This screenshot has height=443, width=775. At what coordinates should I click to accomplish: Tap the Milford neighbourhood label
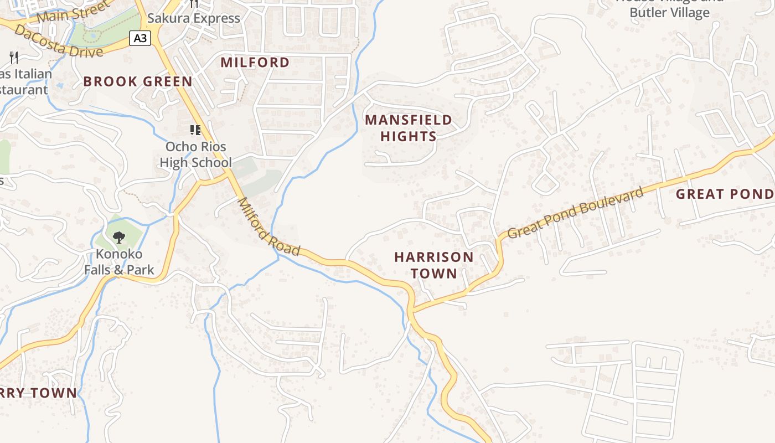click(x=255, y=62)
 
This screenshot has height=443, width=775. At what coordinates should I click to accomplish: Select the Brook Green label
click(x=138, y=81)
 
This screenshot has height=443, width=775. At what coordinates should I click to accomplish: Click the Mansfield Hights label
click(x=409, y=128)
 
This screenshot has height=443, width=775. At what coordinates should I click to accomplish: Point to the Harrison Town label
click(x=433, y=265)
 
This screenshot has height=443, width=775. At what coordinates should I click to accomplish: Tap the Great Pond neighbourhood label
click(x=724, y=194)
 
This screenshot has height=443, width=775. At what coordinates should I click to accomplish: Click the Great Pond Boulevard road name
click(x=576, y=213)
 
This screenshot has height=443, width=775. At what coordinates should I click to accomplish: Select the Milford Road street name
click(x=269, y=227)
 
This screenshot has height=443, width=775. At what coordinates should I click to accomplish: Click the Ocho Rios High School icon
click(x=195, y=130)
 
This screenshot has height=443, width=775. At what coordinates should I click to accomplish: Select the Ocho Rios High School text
click(x=195, y=154)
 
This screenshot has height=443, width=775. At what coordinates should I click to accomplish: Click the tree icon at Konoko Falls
click(x=118, y=238)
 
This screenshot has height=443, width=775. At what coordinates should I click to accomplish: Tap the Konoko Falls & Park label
click(x=119, y=262)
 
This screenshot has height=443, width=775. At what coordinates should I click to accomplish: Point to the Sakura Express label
click(x=194, y=18)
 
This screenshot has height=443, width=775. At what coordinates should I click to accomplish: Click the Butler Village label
click(x=669, y=13)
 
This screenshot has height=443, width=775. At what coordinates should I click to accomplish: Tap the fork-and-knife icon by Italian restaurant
click(x=14, y=57)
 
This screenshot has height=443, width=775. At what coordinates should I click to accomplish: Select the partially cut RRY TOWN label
click(x=39, y=393)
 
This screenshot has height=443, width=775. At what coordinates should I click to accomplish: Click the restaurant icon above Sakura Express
click(x=194, y=3)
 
